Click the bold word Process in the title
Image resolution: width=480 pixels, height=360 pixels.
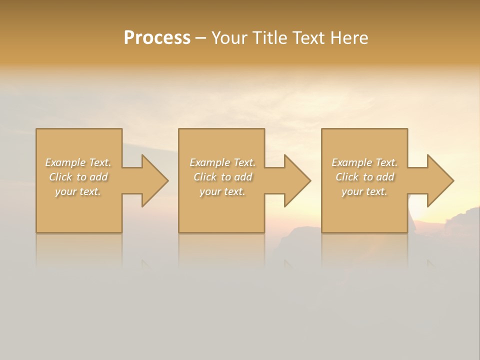point(157,38)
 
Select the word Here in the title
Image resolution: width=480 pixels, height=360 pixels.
point(349,38)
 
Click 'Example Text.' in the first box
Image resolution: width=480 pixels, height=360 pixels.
point(78,162)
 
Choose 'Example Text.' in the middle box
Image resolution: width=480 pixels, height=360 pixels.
point(222,162)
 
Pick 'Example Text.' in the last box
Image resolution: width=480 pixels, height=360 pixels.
point(364,162)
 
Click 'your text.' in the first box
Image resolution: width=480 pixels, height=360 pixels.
point(78,191)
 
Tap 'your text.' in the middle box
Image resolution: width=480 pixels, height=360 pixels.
point(222,191)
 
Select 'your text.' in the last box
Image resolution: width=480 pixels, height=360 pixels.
point(364,191)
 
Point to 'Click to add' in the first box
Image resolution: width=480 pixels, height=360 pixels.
point(78,177)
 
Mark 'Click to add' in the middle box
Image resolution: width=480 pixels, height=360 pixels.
point(222,177)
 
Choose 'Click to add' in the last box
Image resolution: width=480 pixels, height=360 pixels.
point(364,177)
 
